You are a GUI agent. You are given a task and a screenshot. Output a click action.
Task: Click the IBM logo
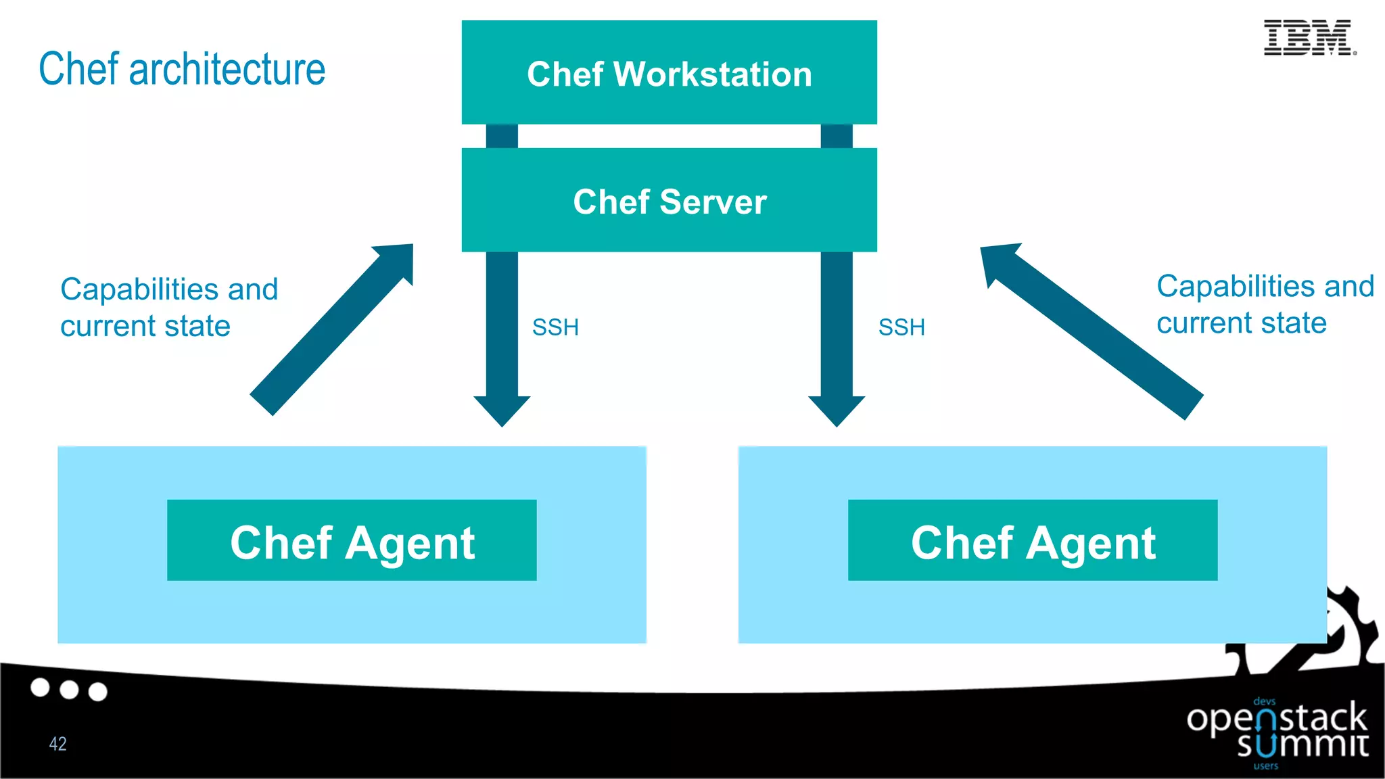[1309, 38]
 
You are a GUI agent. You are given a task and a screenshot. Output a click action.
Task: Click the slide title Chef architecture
[182, 69]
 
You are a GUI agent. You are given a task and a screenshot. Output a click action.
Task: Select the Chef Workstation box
[669, 73]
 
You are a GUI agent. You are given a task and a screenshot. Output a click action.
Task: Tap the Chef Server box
[669, 201]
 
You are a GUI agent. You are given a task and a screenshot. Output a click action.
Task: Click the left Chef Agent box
[352, 541]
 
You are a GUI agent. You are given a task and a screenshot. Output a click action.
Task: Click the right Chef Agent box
[1033, 541]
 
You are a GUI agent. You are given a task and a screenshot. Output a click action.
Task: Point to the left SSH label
[555, 327]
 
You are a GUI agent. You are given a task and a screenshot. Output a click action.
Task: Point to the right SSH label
[901, 327]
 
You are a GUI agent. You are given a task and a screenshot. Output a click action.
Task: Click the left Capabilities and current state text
[168, 307]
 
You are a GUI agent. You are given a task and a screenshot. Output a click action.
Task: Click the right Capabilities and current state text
[1265, 304]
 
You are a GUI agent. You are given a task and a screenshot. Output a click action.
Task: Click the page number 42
[57, 744]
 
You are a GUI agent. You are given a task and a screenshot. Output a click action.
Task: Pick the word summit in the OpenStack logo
[1302, 745]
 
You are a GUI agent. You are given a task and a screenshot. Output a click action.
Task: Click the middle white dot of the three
[69, 690]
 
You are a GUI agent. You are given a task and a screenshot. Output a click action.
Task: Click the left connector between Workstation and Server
[502, 136]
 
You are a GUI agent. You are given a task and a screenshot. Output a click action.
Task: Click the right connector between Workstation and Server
[837, 136]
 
